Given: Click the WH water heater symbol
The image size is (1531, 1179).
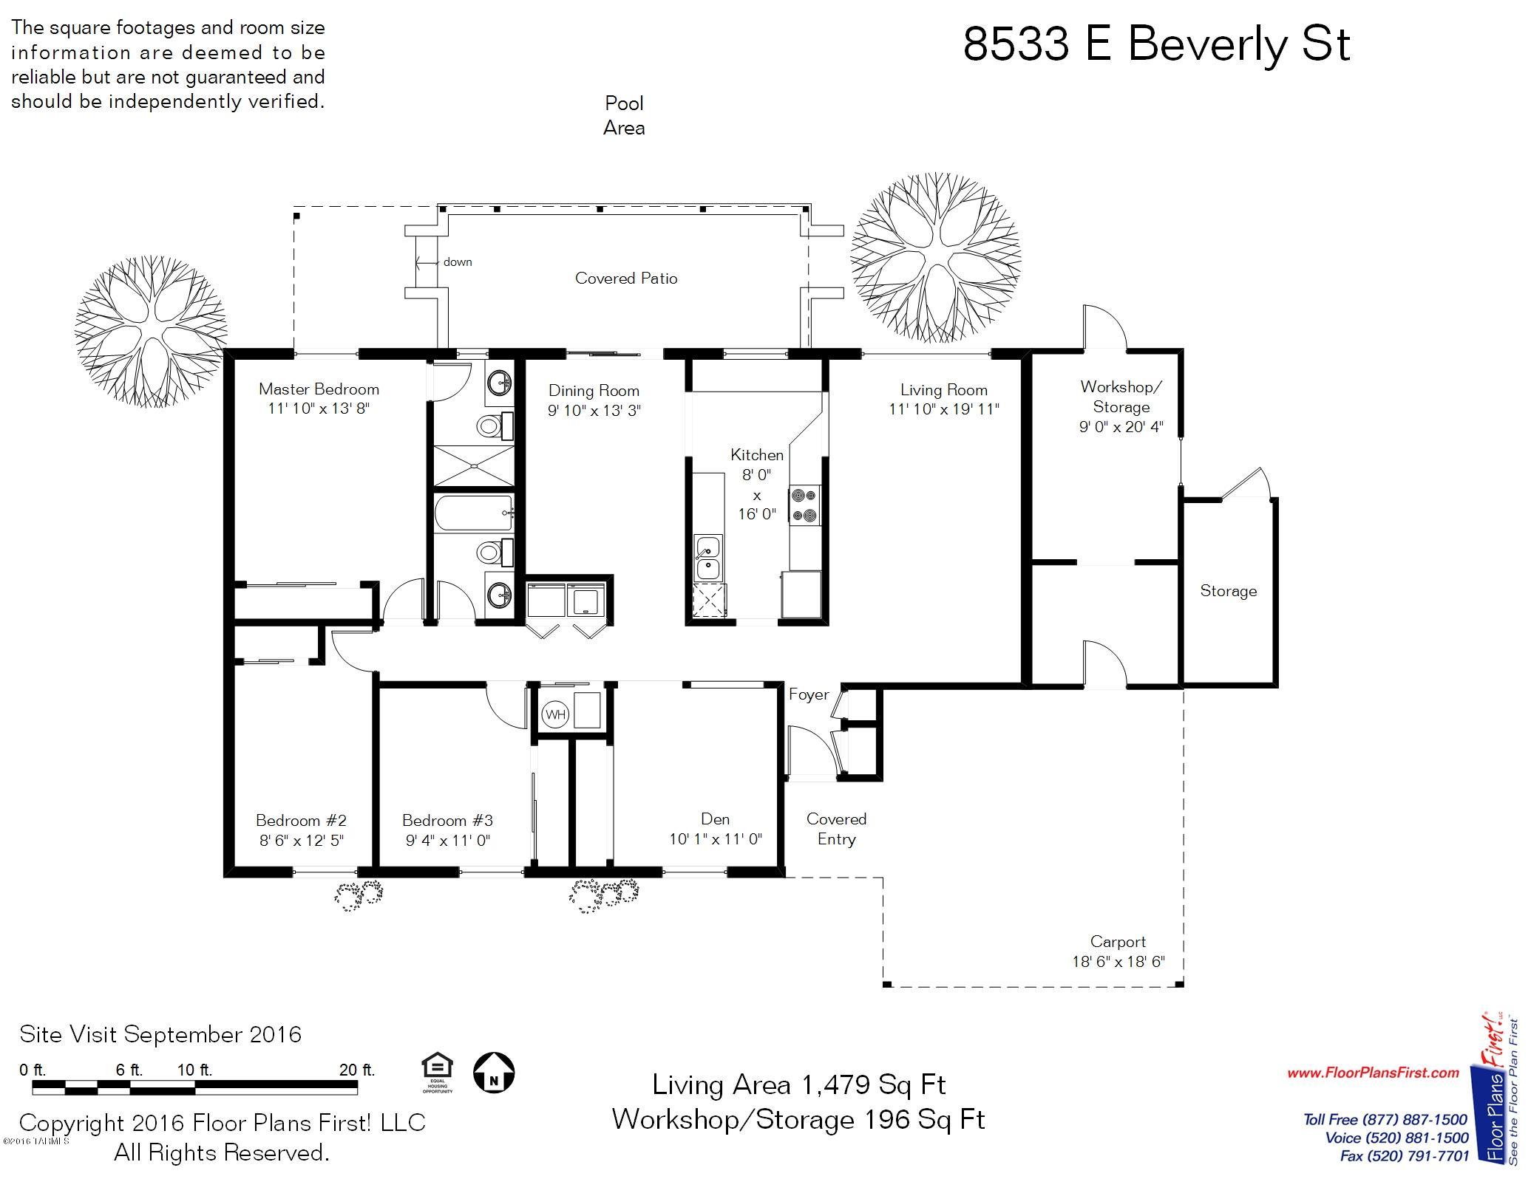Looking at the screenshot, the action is coord(555,714).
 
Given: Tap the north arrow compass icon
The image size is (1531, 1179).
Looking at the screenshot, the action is coord(494,1073).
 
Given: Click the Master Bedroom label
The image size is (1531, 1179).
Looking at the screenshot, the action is coord(319,389).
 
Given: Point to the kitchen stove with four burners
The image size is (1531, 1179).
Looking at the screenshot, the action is coord(805,505).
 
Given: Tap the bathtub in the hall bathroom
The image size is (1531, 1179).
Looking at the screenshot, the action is coord(473,513).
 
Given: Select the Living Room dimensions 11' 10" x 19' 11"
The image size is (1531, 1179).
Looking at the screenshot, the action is coord(944,409).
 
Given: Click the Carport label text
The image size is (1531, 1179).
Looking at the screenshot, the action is coord(1118,942).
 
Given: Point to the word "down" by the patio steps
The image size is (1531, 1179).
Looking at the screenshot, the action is coord(458,262).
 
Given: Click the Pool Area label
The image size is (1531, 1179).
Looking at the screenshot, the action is coord(624,115).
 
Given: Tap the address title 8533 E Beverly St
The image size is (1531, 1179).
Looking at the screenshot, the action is coord(1157,45).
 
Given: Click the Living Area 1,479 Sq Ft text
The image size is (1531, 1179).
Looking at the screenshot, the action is coord(799,1084).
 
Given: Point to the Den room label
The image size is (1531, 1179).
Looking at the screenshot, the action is coord(715,819).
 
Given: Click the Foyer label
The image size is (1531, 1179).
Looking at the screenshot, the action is coord(809,694).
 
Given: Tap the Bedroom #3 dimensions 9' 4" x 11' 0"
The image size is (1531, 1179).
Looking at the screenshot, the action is coord(448,840).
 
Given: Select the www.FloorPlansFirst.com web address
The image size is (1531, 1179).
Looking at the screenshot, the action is coord(1373,1073).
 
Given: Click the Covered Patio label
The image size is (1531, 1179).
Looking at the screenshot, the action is coord(626,278).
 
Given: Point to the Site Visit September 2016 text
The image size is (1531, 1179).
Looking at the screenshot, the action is coord(160,1034).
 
